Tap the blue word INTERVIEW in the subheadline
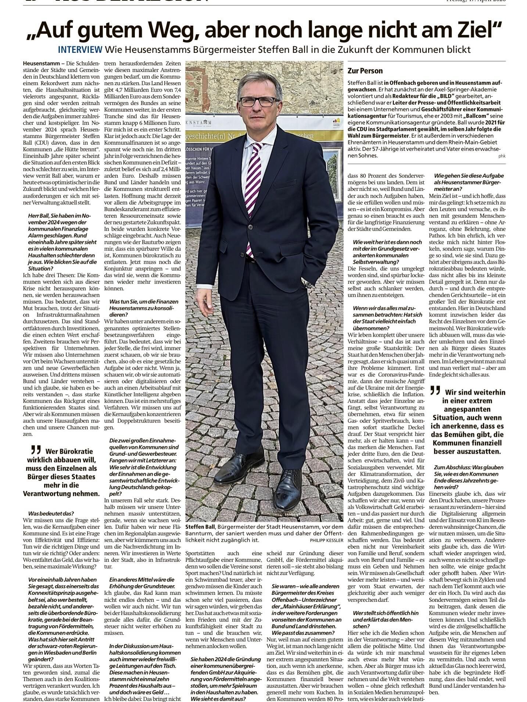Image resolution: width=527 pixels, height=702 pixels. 80,50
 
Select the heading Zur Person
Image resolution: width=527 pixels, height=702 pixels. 365,71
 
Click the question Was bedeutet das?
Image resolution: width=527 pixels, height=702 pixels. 51,513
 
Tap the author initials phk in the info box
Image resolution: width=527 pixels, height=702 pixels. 502,156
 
